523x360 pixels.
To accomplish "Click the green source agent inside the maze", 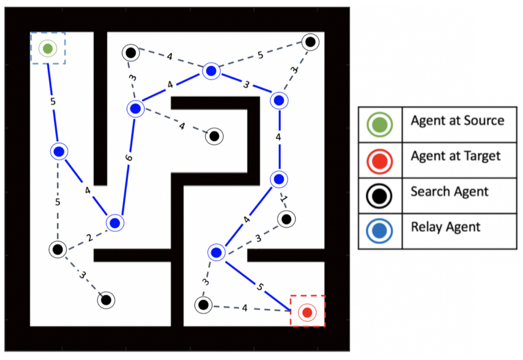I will [x=48, y=49].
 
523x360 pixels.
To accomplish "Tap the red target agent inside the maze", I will [x=307, y=312].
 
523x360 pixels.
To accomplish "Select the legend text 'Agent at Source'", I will [x=457, y=121].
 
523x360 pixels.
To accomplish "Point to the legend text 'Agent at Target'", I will [x=456, y=156].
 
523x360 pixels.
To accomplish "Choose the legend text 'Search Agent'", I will [x=449, y=192].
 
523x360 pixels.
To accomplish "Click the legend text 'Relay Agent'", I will [x=445, y=227].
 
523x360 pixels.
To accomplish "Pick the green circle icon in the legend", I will [x=380, y=125].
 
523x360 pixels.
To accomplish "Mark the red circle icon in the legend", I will [x=380, y=161].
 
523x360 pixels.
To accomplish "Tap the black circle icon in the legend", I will [x=379, y=196].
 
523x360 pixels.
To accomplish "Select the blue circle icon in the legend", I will [x=379, y=231].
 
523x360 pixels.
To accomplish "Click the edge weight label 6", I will [x=129, y=158].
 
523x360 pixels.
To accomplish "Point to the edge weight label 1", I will [x=284, y=199].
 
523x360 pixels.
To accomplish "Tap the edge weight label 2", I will [x=89, y=238].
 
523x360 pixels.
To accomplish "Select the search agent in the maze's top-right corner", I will [x=310, y=42].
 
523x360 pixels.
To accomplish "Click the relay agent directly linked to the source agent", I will [x=59, y=152].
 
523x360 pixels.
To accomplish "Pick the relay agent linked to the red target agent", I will [x=216, y=253].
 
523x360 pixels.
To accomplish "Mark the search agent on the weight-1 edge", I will [x=286, y=219].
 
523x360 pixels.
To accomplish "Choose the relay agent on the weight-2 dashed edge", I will [x=115, y=223].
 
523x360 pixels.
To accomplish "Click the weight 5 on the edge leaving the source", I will [x=53, y=102].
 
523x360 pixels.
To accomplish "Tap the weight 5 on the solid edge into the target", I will [x=260, y=287].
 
